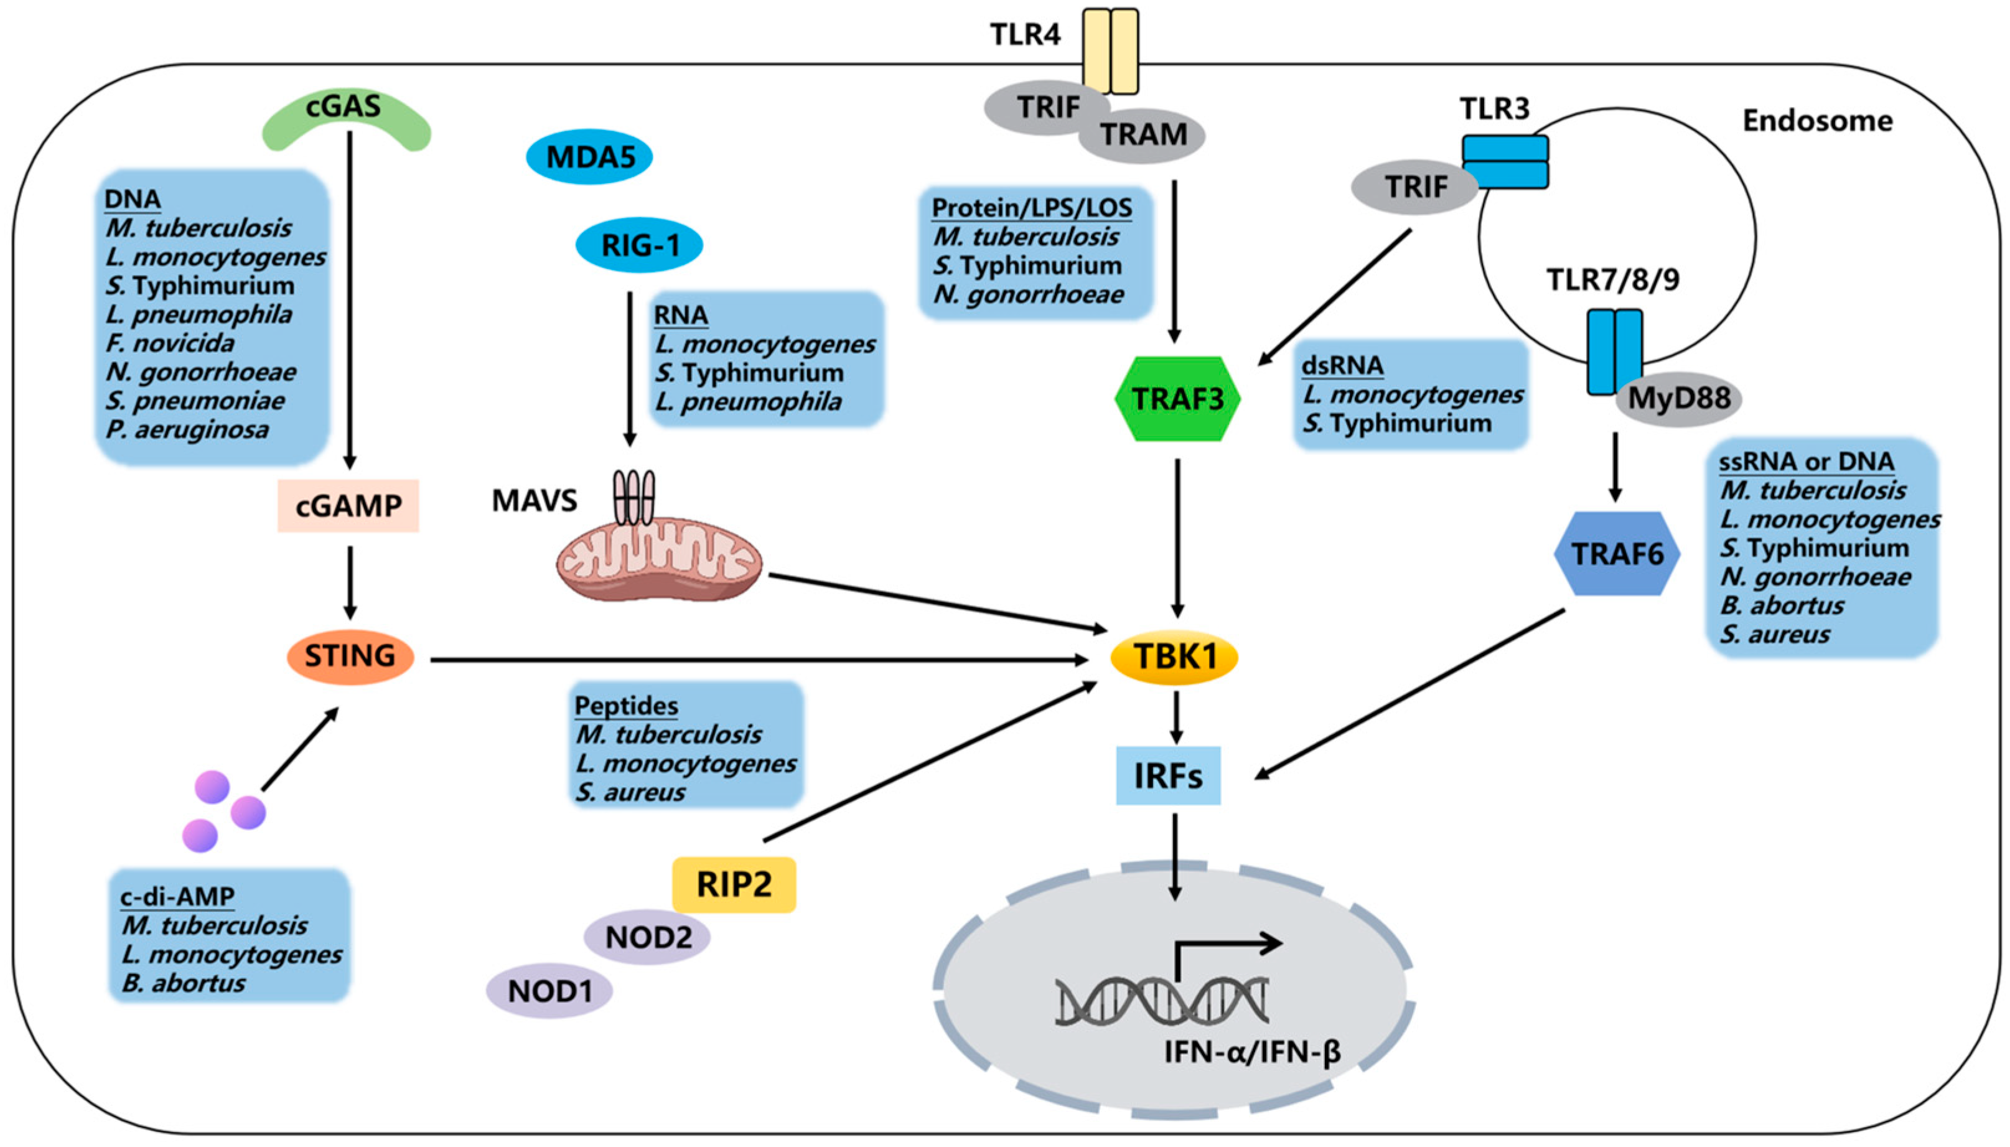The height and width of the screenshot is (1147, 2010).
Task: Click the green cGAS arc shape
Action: pyautogui.click(x=346, y=118)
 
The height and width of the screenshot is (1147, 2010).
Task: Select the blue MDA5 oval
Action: pyautogui.click(x=589, y=157)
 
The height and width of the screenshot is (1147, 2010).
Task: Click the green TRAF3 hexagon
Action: pyautogui.click(x=1177, y=398)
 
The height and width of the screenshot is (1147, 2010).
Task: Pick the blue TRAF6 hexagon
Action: pyautogui.click(x=1617, y=554)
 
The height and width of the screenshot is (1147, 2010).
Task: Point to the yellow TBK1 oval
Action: pyautogui.click(x=1174, y=656)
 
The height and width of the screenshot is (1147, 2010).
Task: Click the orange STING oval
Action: pyautogui.click(x=350, y=655)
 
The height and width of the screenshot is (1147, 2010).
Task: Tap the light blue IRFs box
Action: pyautogui.click(x=1168, y=776)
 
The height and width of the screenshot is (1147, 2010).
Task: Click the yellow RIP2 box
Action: pyautogui.click(x=733, y=884)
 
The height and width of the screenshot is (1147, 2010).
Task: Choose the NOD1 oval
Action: pyautogui.click(x=549, y=991)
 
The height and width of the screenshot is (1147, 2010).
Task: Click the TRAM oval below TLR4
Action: pyautogui.click(x=1143, y=134)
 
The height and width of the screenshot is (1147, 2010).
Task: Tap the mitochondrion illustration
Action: pyautogui.click(x=659, y=559)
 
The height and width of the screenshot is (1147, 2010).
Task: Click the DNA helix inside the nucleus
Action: pyautogui.click(x=1162, y=1001)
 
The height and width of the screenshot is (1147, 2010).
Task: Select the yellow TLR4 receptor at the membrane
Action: pyautogui.click(x=1111, y=51)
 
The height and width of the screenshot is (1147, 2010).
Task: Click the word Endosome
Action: pyautogui.click(x=1817, y=121)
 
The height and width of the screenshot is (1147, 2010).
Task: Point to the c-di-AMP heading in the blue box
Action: pyautogui.click(x=177, y=896)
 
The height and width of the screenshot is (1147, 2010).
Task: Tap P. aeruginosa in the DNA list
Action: pyautogui.click(x=187, y=430)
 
